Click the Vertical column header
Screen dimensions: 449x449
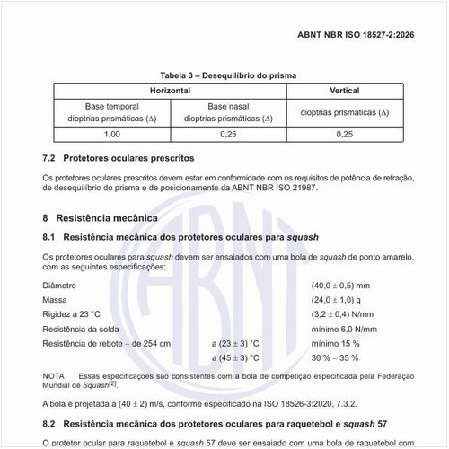(345, 91)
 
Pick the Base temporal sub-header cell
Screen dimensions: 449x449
(112, 111)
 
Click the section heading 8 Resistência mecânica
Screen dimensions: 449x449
(101, 217)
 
